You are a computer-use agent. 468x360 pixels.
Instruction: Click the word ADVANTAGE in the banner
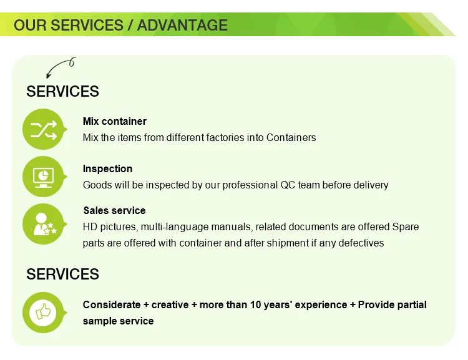click(x=182, y=25)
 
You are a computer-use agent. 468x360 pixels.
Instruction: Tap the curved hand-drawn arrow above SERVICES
click(x=57, y=64)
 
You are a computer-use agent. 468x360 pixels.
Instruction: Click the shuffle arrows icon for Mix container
click(x=44, y=129)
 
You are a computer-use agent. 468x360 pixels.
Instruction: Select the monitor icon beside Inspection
click(x=44, y=177)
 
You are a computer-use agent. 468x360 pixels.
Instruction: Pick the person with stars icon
click(x=44, y=224)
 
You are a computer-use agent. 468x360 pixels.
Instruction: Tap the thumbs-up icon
click(x=43, y=313)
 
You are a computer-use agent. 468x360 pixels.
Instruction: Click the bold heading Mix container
click(x=115, y=122)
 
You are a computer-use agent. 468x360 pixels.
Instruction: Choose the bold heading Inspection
click(x=107, y=168)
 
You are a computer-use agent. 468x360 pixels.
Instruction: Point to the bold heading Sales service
click(x=114, y=210)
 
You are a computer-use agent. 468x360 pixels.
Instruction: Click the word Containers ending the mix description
click(x=291, y=138)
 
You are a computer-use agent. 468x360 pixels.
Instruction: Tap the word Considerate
click(x=112, y=304)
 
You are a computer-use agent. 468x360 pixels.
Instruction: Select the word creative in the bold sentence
click(x=170, y=304)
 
